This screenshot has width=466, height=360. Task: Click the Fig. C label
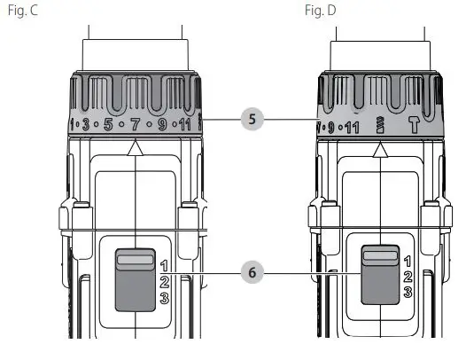click(x=23, y=11)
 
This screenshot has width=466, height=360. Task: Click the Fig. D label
click(x=321, y=11)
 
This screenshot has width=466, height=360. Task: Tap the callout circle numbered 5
click(x=252, y=120)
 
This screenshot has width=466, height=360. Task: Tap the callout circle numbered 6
click(x=252, y=272)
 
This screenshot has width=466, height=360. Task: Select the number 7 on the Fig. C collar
click(x=136, y=124)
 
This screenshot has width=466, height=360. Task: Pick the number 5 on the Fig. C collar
click(x=108, y=124)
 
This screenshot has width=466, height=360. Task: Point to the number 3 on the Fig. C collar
click(x=86, y=124)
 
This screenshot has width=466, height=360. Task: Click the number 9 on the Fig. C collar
click(x=162, y=124)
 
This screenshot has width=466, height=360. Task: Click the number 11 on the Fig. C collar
click(x=184, y=124)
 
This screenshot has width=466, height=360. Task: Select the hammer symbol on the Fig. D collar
click(x=414, y=124)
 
